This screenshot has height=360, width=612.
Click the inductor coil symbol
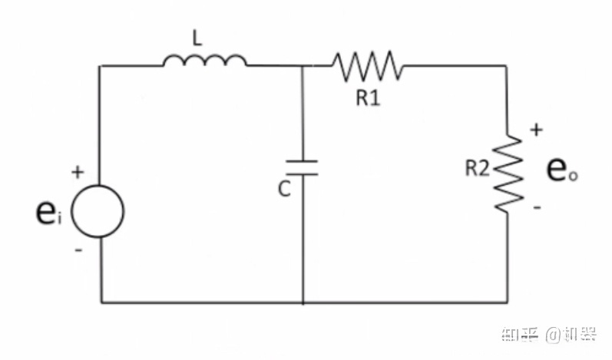[204, 61]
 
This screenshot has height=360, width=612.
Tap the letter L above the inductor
[197, 39]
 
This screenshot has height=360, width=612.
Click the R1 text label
[367, 99]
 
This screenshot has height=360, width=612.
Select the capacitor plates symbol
[303, 167]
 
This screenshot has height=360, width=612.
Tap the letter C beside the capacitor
[284, 189]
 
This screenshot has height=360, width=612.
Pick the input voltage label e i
[48, 216]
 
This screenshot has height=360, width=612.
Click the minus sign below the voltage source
[78, 250]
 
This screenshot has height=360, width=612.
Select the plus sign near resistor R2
[535, 131]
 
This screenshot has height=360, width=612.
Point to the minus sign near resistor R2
[536, 207]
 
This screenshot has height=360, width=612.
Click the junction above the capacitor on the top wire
[303, 66]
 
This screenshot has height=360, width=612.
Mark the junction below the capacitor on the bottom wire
[303, 302]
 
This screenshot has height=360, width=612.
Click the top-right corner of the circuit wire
[507, 66]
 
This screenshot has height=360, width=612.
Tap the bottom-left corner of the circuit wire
[101, 302]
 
